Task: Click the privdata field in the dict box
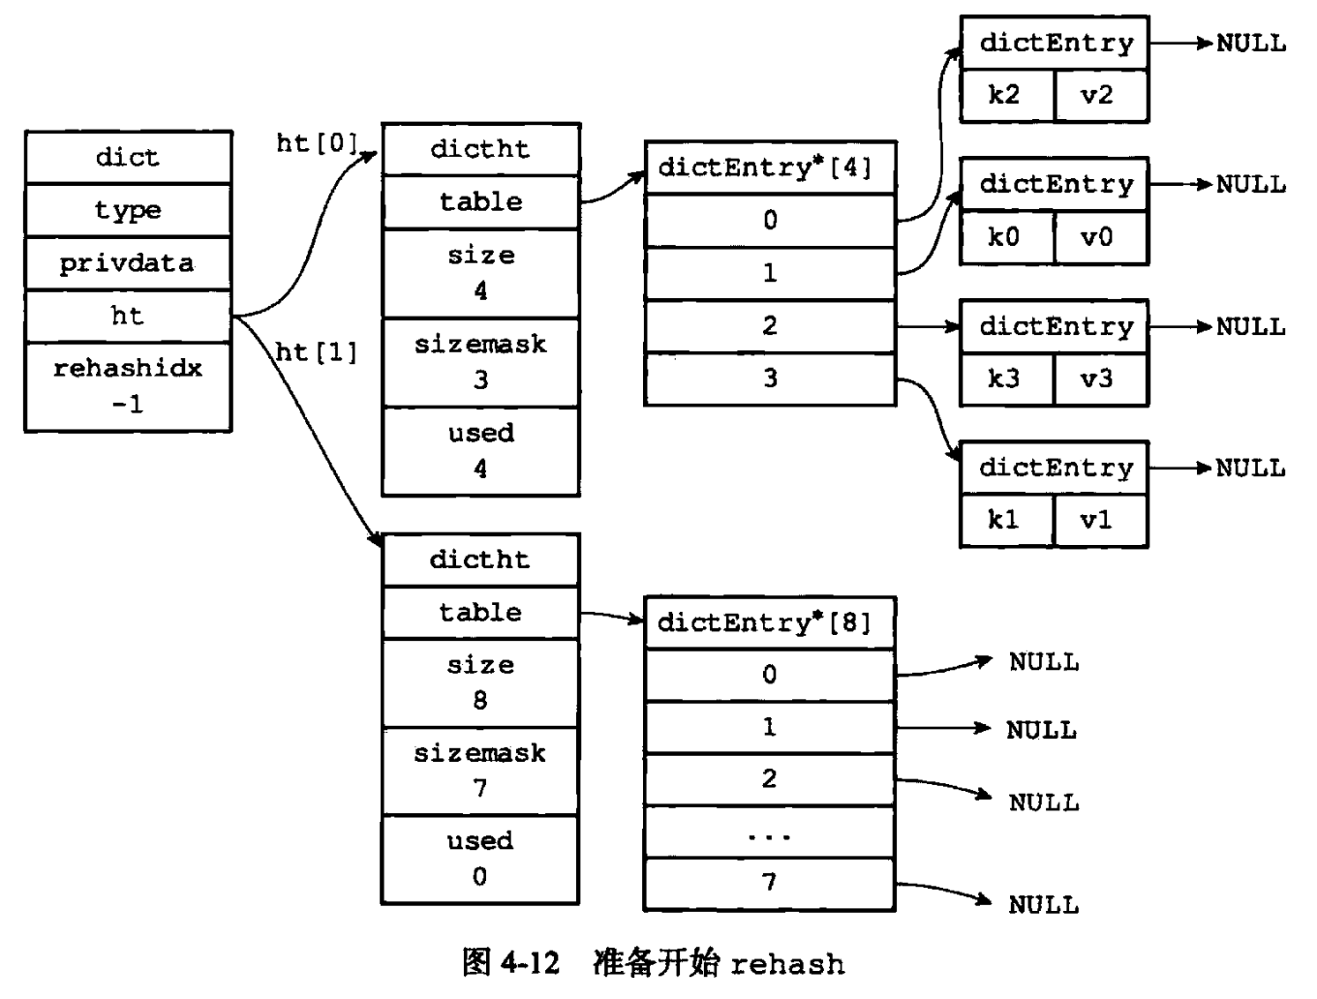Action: (128, 264)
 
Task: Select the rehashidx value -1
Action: (128, 405)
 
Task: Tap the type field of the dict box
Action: (128, 210)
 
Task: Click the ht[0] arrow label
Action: (317, 144)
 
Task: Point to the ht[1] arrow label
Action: (317, 352)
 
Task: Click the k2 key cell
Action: (1006, 95)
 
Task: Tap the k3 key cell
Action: (1006, 378)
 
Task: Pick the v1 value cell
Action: (1101, 520)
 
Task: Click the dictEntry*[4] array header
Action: (770, 167)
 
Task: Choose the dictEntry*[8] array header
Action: (769, 623)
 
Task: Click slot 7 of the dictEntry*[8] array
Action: (769, 883)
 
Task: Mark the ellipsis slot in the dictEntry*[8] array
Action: (769, 832)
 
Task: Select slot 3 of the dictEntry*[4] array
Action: (771, 378)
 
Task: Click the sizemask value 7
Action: (480, 788)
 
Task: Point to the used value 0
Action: (479, 877)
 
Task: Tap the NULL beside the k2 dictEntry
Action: (1251, 44)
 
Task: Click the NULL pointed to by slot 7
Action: (1044, 905)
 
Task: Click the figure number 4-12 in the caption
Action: (530, 963)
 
